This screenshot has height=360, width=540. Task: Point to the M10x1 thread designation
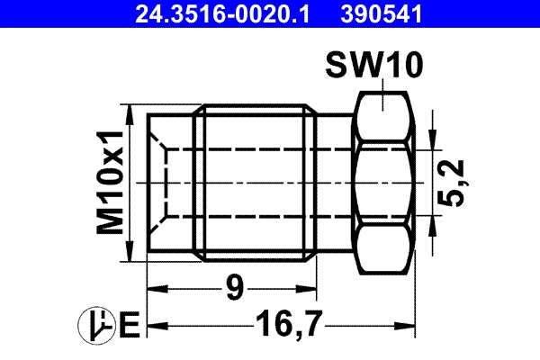click(x=110, y=184)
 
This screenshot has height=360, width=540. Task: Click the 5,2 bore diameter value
click(x=457, y=184)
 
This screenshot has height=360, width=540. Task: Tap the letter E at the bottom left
click(x=128, y=324)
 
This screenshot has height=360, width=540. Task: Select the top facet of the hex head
click(x=384, y=112)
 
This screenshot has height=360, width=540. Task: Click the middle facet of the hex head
click(x=384, y=183)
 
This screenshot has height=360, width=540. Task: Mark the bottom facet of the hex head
click(x=384, y=252)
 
